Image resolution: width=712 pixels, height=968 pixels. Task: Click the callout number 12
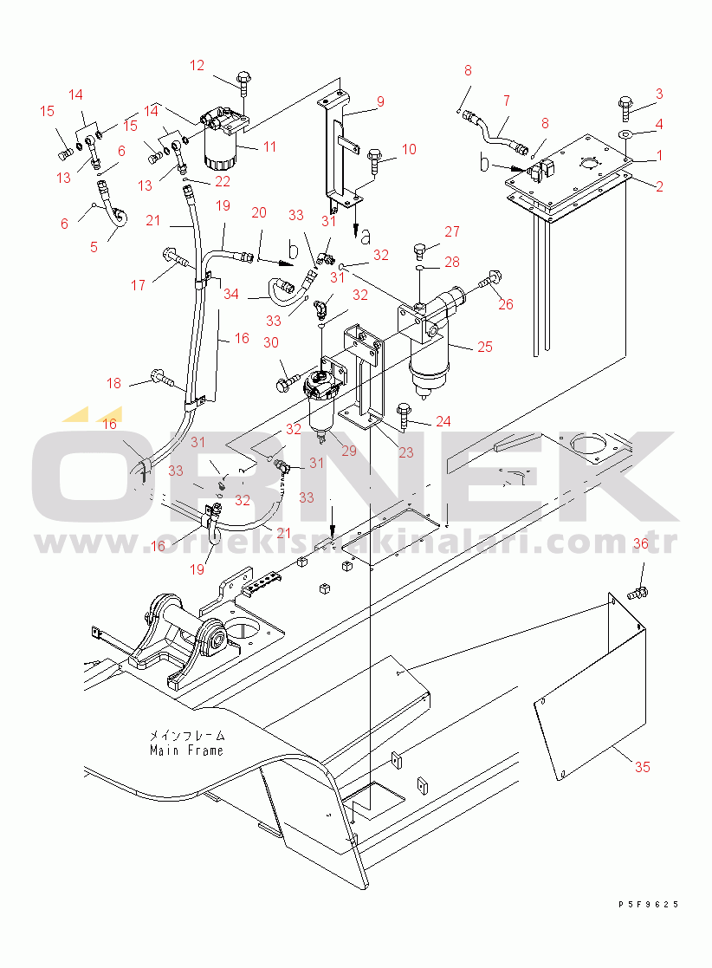point(197,66)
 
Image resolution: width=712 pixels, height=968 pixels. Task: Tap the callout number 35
point(643,767)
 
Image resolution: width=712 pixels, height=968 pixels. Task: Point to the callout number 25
point(485,347)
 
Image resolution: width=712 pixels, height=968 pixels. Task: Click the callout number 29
point(349,451)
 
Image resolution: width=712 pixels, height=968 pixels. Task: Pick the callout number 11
point(269,146)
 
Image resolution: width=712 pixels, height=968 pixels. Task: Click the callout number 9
point(380,101)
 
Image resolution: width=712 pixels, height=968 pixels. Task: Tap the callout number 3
point(659,94)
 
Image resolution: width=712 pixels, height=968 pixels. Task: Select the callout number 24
point(443,421)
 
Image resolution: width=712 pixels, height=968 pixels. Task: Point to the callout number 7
point(507,100)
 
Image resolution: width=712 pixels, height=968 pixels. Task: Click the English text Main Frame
point(186,750)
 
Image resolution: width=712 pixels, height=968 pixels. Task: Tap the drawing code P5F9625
point(649,905)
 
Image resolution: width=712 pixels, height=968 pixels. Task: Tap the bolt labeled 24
point(405,415)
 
